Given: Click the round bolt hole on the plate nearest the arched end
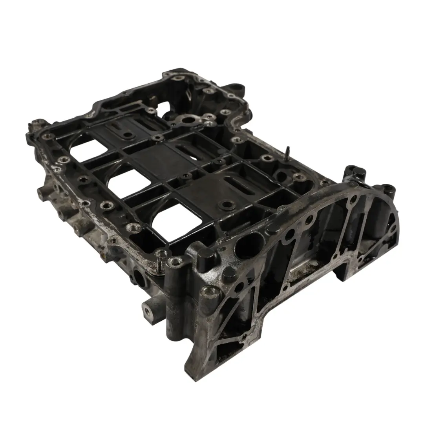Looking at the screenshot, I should click(225, 205).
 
